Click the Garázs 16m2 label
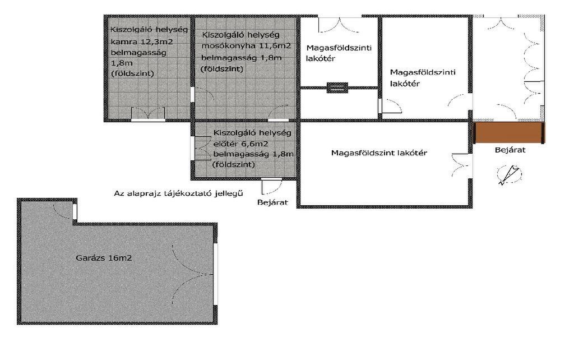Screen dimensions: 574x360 [x=104, y=258]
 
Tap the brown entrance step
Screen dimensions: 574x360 [x=509, y=132]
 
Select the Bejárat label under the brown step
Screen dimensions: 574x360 [x=510, y=150]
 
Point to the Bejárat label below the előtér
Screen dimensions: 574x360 [x=272, y=202]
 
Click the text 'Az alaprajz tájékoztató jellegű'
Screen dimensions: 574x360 [x=178, y=193]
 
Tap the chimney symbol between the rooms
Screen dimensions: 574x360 [x=337, y=87]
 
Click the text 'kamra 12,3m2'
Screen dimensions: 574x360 [x=142, y=41]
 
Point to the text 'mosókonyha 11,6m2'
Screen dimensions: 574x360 [x=247, y=46]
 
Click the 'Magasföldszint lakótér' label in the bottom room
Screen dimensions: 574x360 [x=379, y=153]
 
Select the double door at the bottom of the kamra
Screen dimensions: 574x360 [x=148, y=114]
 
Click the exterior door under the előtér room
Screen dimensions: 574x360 [x=272, y=186]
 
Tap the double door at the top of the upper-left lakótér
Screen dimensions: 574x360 [x=340, y=24]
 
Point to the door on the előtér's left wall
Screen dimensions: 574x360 [x=201, y=148]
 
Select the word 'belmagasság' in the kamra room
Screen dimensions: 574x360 [x=138, y=52]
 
